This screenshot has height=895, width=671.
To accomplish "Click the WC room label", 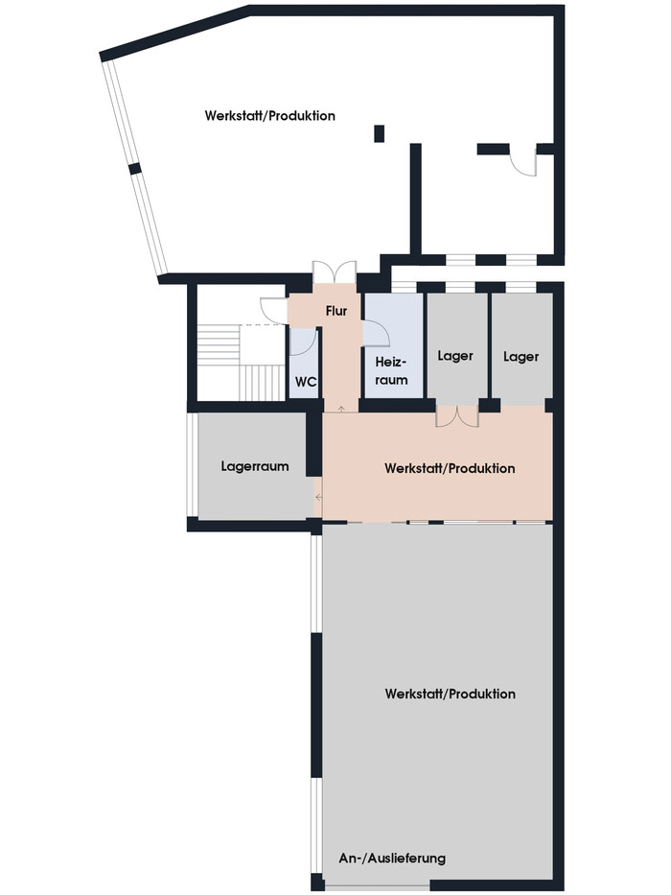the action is [x=306, y=381].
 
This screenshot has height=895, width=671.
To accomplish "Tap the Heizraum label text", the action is [x=391, y=371].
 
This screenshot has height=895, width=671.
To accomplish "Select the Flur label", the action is [x=336, y=311].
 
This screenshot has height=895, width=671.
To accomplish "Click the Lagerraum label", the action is [x=255, y=466].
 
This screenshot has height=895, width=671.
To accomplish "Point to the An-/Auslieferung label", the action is [x=392, y=858].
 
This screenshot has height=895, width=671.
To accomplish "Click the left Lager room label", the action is [x=455, y=356].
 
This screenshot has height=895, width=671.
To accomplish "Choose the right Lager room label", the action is [x=521, y=357].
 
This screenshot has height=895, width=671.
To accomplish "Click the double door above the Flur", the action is [x=335, y=271].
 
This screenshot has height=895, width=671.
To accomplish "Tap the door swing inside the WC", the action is [x=302, y=342].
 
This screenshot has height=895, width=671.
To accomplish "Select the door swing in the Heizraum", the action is [x=377, y=333].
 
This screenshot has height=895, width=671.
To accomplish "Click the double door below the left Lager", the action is [x=457, y=416].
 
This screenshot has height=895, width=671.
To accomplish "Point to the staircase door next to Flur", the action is [x=274, y=311].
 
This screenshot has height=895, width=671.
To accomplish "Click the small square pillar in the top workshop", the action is [x=379, y=133].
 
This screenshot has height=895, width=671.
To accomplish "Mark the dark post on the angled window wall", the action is [x=134, y=169].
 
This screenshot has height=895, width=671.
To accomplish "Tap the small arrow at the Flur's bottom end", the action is [x=341, y=409].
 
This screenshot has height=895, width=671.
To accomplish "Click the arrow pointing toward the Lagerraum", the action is [x=318, y=497].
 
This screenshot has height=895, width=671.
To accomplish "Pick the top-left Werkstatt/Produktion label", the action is [x=270, y=116].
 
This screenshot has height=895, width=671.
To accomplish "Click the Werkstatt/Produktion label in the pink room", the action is [x=450, y=469].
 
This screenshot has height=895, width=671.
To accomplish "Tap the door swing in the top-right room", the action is [x=523, y=163].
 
